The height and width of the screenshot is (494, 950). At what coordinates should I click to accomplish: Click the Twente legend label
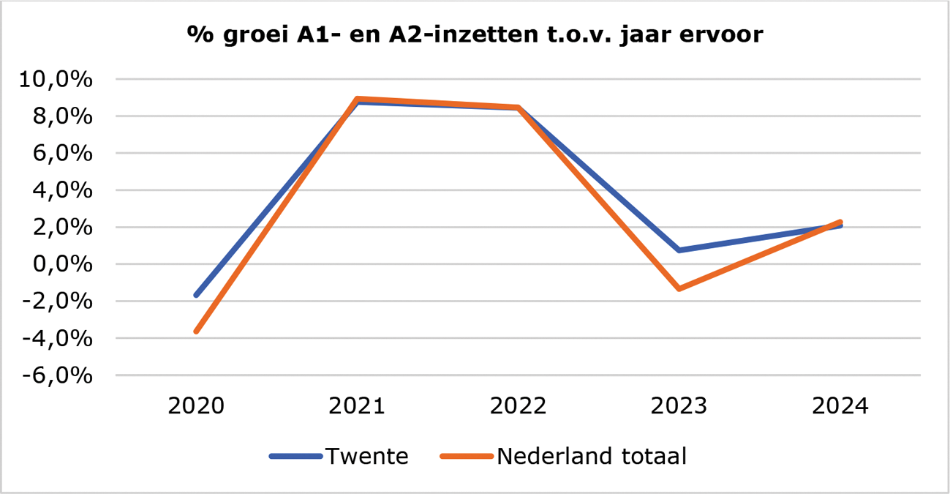point(366,457)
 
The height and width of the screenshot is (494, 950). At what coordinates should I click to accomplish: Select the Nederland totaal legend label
point(592,457)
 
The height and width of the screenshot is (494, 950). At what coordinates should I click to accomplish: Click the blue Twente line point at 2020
point(196,295)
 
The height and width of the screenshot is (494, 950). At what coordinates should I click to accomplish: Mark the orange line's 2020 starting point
point(196,332)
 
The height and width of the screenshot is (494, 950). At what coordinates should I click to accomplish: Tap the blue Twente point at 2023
point(679,250)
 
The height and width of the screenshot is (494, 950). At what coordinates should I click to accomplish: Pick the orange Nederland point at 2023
point(679,289)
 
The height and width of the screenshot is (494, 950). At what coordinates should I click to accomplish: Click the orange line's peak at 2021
point(357,99)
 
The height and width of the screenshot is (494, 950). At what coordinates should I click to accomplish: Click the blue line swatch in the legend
point(295,457)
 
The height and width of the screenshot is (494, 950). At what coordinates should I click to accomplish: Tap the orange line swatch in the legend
point(467,457)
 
